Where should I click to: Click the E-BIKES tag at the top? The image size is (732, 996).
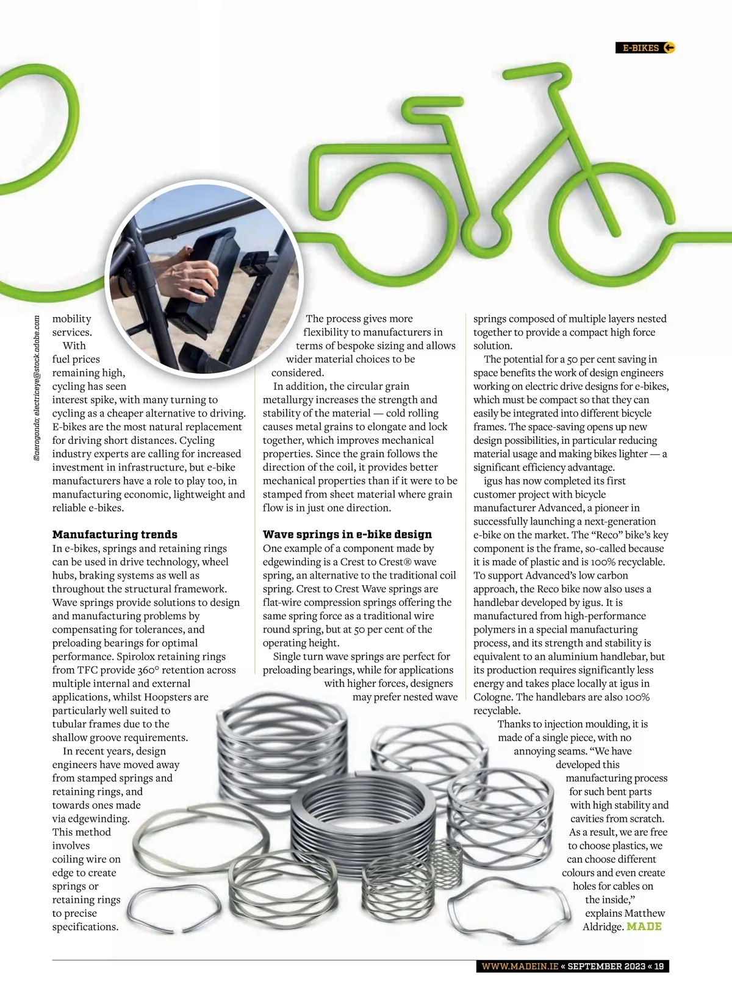(640, 48)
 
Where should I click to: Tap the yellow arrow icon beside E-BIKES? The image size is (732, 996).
(669, 48)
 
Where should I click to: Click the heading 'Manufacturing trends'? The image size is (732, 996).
(115, 535)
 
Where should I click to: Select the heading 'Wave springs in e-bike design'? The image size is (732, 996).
(347, 535)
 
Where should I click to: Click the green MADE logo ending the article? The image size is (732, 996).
(644, 927)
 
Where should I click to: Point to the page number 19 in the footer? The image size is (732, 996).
(659, 966)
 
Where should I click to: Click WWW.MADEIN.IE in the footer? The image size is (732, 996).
(519, 966)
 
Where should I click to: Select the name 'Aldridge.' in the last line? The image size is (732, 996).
(603, 927)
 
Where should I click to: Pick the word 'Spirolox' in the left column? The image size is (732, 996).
(137, 656)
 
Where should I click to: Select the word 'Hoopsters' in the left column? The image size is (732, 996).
(183, 697)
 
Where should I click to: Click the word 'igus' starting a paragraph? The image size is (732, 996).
(493, 481)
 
